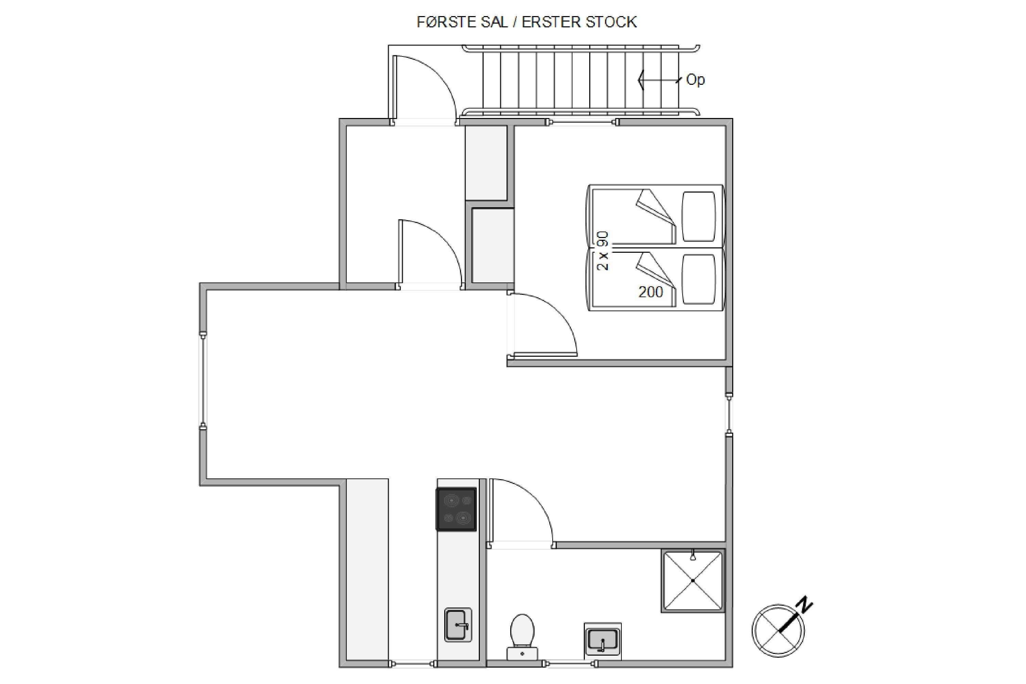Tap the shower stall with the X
pos(693,581)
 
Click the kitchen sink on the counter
pos(458,625)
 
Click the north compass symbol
pos(779,630)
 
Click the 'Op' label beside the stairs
pos(695,80)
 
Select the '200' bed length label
pos(650,292)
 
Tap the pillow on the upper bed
pos(699,216)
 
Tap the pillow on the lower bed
pos(699,279)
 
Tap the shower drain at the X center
pos(693,581)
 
